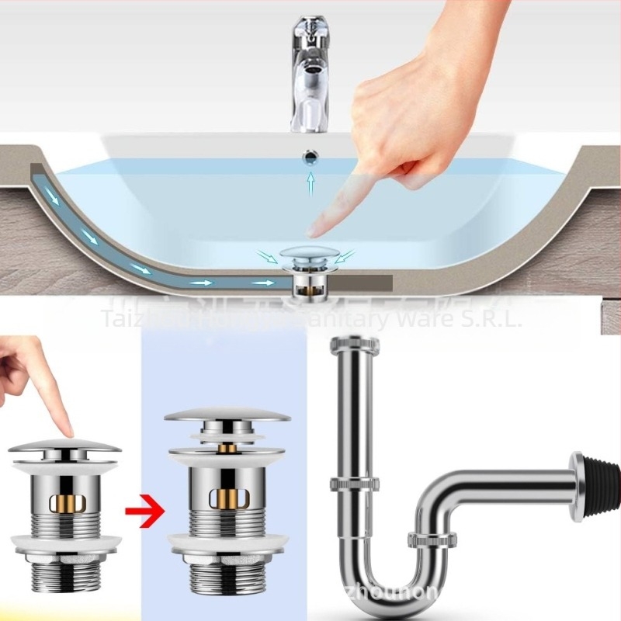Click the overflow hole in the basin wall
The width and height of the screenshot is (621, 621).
pos(310,158)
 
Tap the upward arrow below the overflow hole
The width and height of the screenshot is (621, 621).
pos(310,183)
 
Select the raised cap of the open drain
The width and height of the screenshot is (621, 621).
pos(227,415)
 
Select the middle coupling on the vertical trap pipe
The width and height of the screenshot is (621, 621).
pos(356,484)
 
